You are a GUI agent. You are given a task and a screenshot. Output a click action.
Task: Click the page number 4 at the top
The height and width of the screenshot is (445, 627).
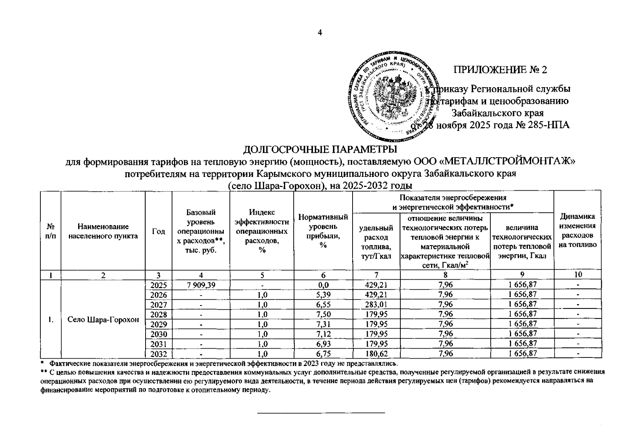[x=320, y=33]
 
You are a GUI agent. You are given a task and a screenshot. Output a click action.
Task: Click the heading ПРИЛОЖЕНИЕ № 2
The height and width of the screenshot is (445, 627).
[x=500, y=70]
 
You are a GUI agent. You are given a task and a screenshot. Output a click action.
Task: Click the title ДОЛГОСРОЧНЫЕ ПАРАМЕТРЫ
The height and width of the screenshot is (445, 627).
[x=320, y=150]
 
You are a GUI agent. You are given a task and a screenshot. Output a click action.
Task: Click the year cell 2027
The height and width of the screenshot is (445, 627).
[x=159, y=304]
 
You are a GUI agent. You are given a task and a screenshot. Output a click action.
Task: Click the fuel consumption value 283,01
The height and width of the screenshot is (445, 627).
[x=376, y=304]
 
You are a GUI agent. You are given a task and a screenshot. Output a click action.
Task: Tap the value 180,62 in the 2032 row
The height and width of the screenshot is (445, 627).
[x=376, y=353]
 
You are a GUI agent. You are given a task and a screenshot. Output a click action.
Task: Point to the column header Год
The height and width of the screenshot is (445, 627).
[x=159, y=231]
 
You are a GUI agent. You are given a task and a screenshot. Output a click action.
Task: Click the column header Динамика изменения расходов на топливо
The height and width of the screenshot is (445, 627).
[x=577, y=230]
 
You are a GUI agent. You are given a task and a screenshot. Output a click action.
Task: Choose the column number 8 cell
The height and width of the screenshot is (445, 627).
[x=445, y=275]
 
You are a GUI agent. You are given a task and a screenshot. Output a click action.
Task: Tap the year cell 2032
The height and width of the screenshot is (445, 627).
[x=159, y=353]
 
